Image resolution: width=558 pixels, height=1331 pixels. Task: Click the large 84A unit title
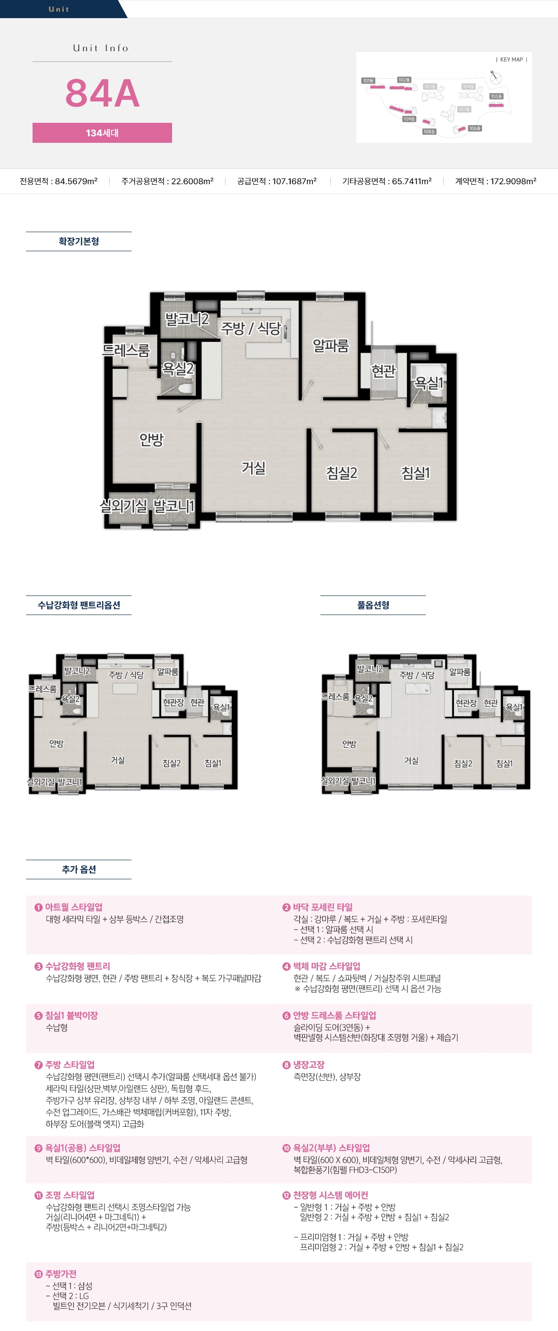(x=102, y=94)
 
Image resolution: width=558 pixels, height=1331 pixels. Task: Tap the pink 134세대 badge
(x=102, y=133)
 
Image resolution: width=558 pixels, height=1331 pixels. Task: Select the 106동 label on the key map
(x=475, y=128)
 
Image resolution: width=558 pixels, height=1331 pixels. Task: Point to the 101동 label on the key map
(x=368, y=80)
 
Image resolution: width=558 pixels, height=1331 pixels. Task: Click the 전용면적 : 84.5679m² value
(x=59, y=181)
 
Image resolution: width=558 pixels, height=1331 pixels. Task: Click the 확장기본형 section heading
(x=79, y=241)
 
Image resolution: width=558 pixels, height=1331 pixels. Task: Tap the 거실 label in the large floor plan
(x=253, y=468)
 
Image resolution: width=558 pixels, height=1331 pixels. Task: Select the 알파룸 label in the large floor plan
(x=331, y=346)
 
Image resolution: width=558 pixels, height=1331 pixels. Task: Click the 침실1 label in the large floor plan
(x=415, y=473)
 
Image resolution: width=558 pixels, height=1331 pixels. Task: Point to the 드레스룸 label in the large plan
(x=126, y=351)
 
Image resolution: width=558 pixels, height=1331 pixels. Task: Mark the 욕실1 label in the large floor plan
(x=429, y=383)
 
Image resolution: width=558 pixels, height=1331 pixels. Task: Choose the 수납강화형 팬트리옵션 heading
(x=79, y=605)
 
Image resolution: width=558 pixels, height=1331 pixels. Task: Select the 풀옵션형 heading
(x=373, y=605)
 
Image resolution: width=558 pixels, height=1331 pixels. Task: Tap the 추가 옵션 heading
(x=79, y=869)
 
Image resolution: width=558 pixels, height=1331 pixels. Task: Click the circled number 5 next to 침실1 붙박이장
(x=38, y=1016)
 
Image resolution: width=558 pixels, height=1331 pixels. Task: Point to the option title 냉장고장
(x=309, y=1065)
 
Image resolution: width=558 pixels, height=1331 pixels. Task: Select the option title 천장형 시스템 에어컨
(x=330, y=1196)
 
